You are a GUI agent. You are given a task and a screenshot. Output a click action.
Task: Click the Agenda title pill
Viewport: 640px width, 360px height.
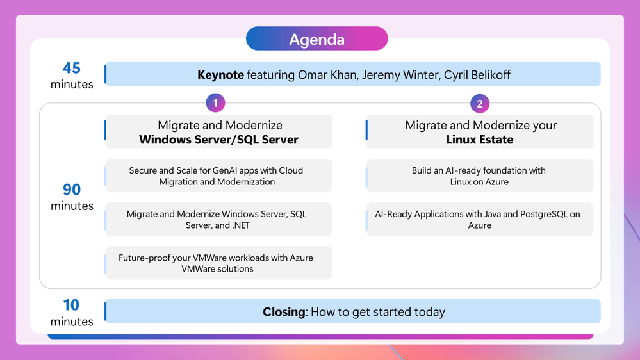[x=316, y=39]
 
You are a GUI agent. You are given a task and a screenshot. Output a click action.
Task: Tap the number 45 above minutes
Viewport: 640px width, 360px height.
[x=71, y=68]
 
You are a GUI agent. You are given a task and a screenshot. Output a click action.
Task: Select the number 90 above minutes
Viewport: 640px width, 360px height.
[x=72, y=190]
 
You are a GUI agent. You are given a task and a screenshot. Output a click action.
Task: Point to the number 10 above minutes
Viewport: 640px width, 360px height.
[x=71, y=305]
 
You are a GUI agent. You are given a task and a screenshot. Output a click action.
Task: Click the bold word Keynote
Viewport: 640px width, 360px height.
[x=221, y=75]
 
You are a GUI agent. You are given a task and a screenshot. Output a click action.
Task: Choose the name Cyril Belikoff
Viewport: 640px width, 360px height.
[x=477, y=75]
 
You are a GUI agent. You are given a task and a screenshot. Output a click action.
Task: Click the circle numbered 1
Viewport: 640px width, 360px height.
[x=215, y=103]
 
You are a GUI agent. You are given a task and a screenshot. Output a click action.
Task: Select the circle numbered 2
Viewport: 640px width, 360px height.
[x=480, y=104]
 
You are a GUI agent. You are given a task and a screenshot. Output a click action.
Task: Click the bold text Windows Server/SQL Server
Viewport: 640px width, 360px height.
[x=218, y=140]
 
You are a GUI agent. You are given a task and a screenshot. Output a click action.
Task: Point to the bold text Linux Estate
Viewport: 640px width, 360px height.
[x=480, y=140]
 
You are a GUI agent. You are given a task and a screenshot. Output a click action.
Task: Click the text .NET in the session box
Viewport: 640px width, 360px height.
[x=241, y=225]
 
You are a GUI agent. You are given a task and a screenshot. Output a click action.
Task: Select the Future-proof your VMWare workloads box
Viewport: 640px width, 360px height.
[x=218, y=263]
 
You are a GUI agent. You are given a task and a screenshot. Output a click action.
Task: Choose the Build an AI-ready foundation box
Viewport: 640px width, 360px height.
[x=480, y=176]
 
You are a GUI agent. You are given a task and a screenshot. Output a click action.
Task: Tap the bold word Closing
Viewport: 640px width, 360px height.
[x=284, y=312]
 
